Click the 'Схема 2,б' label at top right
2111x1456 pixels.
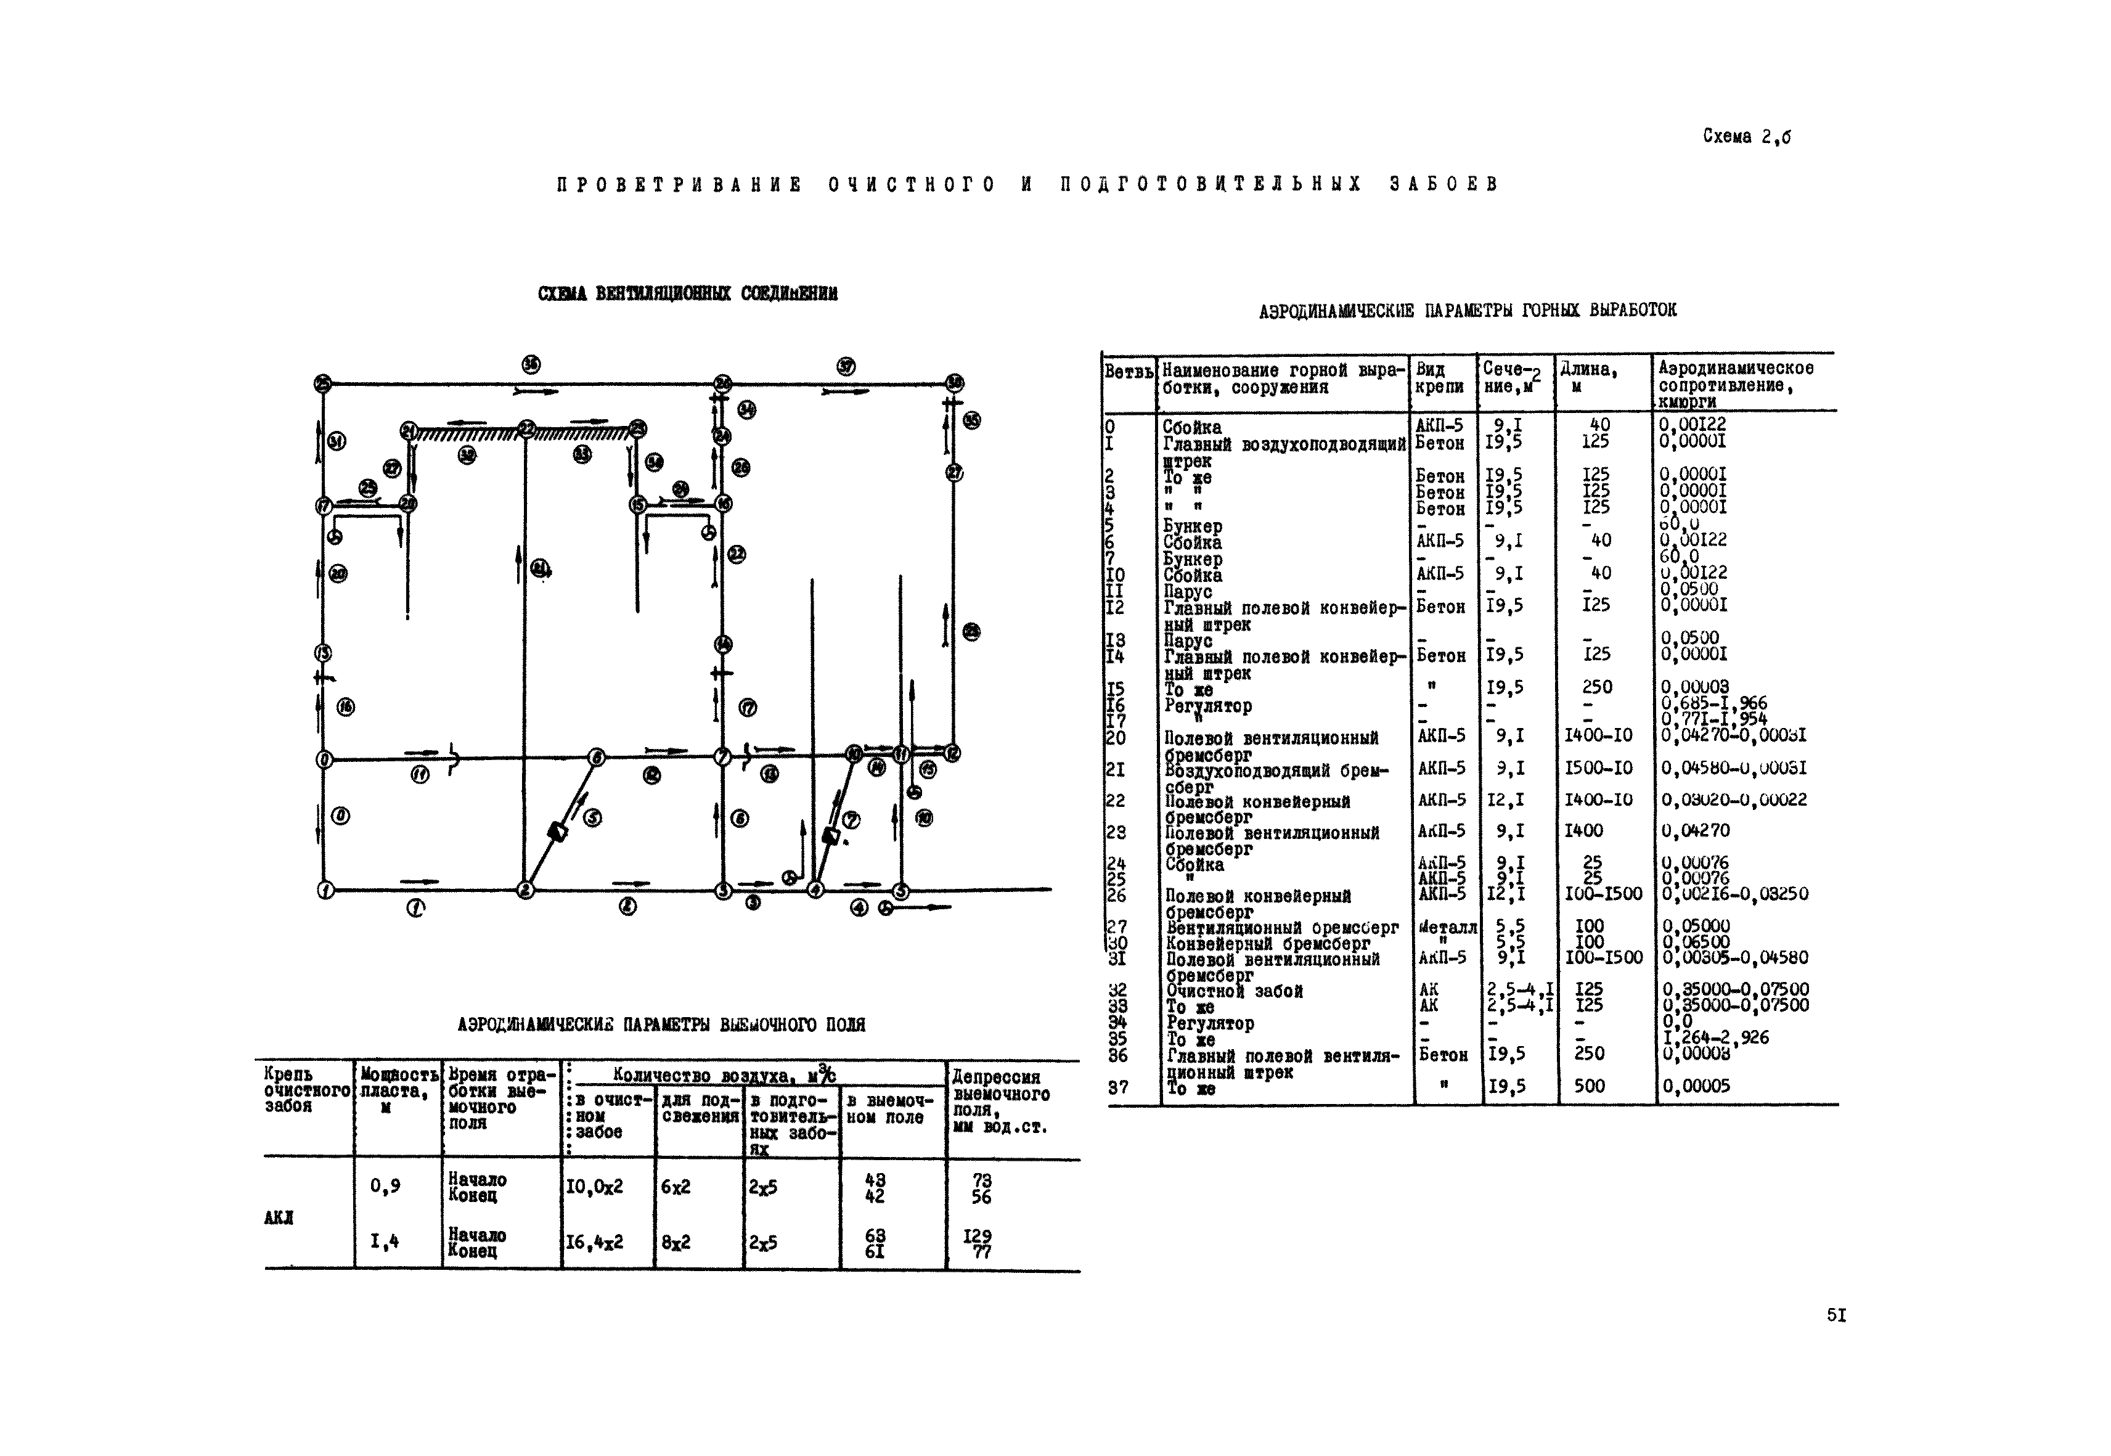tap(1746, 137)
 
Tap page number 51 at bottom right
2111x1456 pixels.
tap(1836, 1315)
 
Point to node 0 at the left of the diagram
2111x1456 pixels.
tap(323, 759)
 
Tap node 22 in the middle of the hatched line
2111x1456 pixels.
tap(526, 429)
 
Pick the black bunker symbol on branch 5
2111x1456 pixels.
tap(557, 832)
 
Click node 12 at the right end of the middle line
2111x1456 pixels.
tap(952, 753)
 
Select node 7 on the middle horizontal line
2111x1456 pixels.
tap(722, 756)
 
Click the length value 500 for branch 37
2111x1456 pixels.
tap(1588, 1086)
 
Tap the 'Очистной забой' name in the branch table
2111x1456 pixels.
tap(1235, 991)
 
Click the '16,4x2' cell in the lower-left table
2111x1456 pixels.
tap(595, 1241)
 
